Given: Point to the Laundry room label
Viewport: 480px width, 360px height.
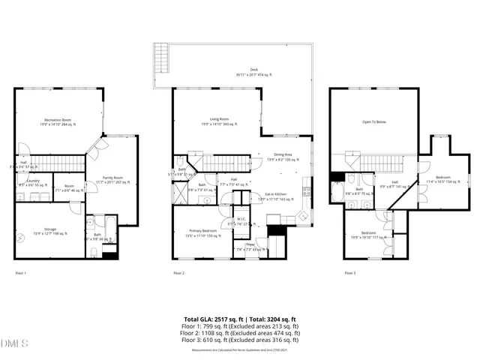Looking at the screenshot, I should point(32,182).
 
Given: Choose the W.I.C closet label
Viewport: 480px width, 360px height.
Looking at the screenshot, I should point(242,220).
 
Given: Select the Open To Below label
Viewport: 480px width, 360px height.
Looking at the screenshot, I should point(374,121).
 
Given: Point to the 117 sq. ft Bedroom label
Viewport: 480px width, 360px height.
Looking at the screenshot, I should point(368,235).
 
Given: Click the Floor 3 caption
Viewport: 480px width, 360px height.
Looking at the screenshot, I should point(350,273).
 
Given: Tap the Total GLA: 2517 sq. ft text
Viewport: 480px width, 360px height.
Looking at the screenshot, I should point(211,319).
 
